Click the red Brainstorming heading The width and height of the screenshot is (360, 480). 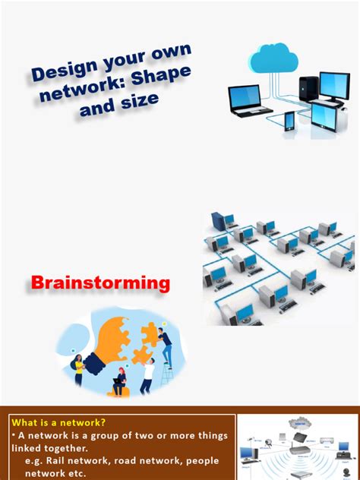(100, 283)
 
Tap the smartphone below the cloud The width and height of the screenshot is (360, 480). (289, 121)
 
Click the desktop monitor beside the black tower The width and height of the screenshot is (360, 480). (334, 87)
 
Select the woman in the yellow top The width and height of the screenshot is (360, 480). (78, 371)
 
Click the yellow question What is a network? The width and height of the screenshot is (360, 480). (58, 422)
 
